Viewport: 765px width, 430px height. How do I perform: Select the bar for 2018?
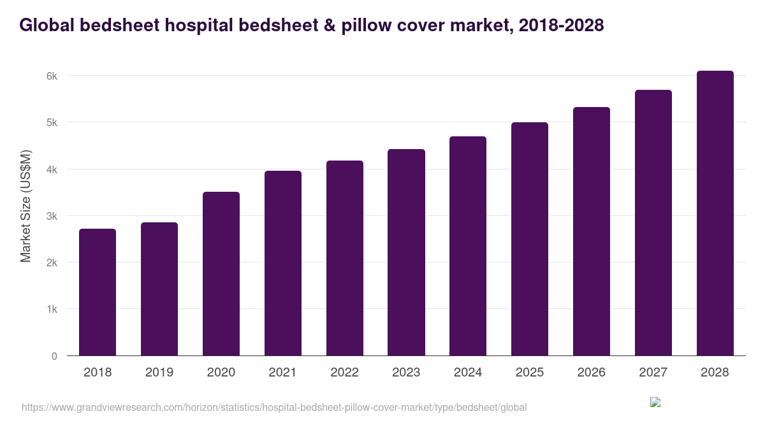(98, 292)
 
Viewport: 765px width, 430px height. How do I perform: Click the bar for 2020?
(221, 274)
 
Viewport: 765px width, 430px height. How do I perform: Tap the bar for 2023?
(406, 252)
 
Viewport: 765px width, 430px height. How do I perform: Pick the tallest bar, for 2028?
(715, 213)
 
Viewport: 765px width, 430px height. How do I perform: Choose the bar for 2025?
(530, 239)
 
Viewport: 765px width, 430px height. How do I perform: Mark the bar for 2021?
(283, 263)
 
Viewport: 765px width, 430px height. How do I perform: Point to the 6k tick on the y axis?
(52, 76)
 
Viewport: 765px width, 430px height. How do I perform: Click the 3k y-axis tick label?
(52, 216)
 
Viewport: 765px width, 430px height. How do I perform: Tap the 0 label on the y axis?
(54, 356)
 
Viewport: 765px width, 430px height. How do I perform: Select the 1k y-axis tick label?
(52, 310)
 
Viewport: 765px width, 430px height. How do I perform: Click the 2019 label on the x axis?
(159, 373)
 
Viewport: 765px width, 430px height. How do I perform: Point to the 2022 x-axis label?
(344, 373)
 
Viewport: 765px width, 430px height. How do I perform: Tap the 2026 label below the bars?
(591, 373)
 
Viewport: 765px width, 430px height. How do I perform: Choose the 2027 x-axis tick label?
(653, 373)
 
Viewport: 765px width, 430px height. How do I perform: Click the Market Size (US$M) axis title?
(25, 206)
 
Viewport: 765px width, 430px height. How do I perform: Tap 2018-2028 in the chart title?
(561, 25)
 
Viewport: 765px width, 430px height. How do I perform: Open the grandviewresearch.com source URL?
(274, 407)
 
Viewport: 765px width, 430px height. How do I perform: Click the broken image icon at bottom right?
(655, 402)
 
